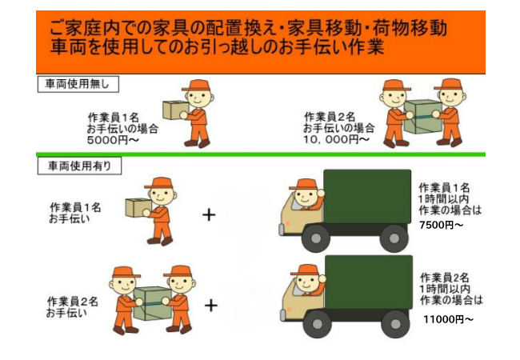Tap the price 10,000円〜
point(336,139)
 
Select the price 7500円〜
point(442,225)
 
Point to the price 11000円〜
point(448,319)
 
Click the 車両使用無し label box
point(79,83)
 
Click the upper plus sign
point(210,214)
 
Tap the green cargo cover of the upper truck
point(366,196)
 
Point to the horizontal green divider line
point(260,154)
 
